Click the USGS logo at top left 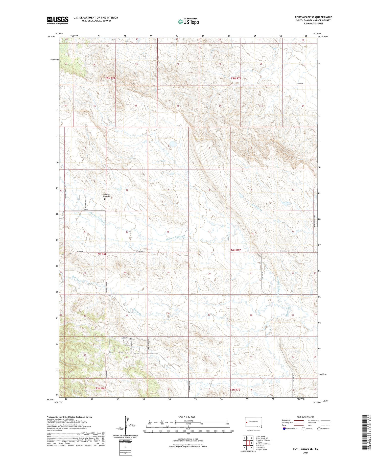coord(58,20)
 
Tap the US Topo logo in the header coord(188,22)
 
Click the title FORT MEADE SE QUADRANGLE coord(313,17)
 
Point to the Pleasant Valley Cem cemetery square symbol coord(105,199)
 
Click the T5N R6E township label coord(110,78)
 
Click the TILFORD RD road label coord(73,252)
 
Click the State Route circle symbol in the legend coord(319,428)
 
